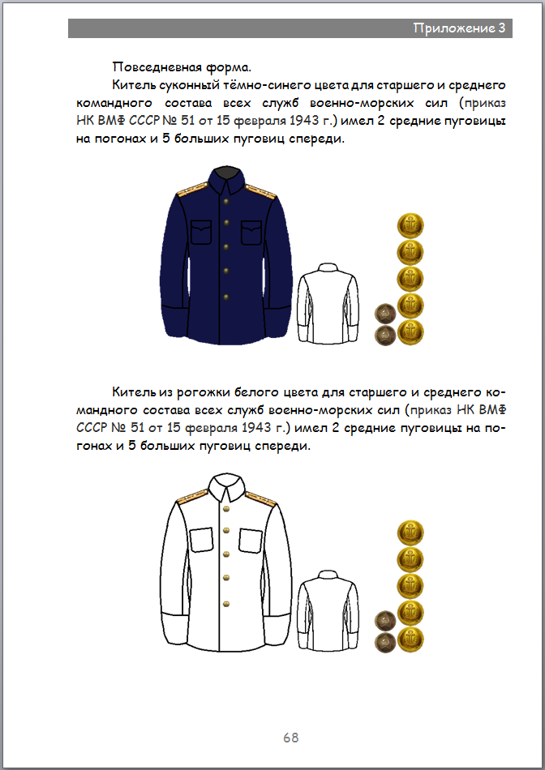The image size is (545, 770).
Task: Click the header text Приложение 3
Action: coord(459,28)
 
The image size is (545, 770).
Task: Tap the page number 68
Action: coord(291,738)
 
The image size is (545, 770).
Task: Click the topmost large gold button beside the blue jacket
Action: coord(410,225)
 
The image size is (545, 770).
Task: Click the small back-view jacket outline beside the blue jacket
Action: coord(327,302)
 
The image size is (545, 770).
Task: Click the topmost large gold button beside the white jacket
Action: coord(410,533)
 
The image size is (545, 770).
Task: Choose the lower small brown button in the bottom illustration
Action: coord(384,642)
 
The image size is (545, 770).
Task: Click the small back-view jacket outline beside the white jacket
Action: coord(327,610)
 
